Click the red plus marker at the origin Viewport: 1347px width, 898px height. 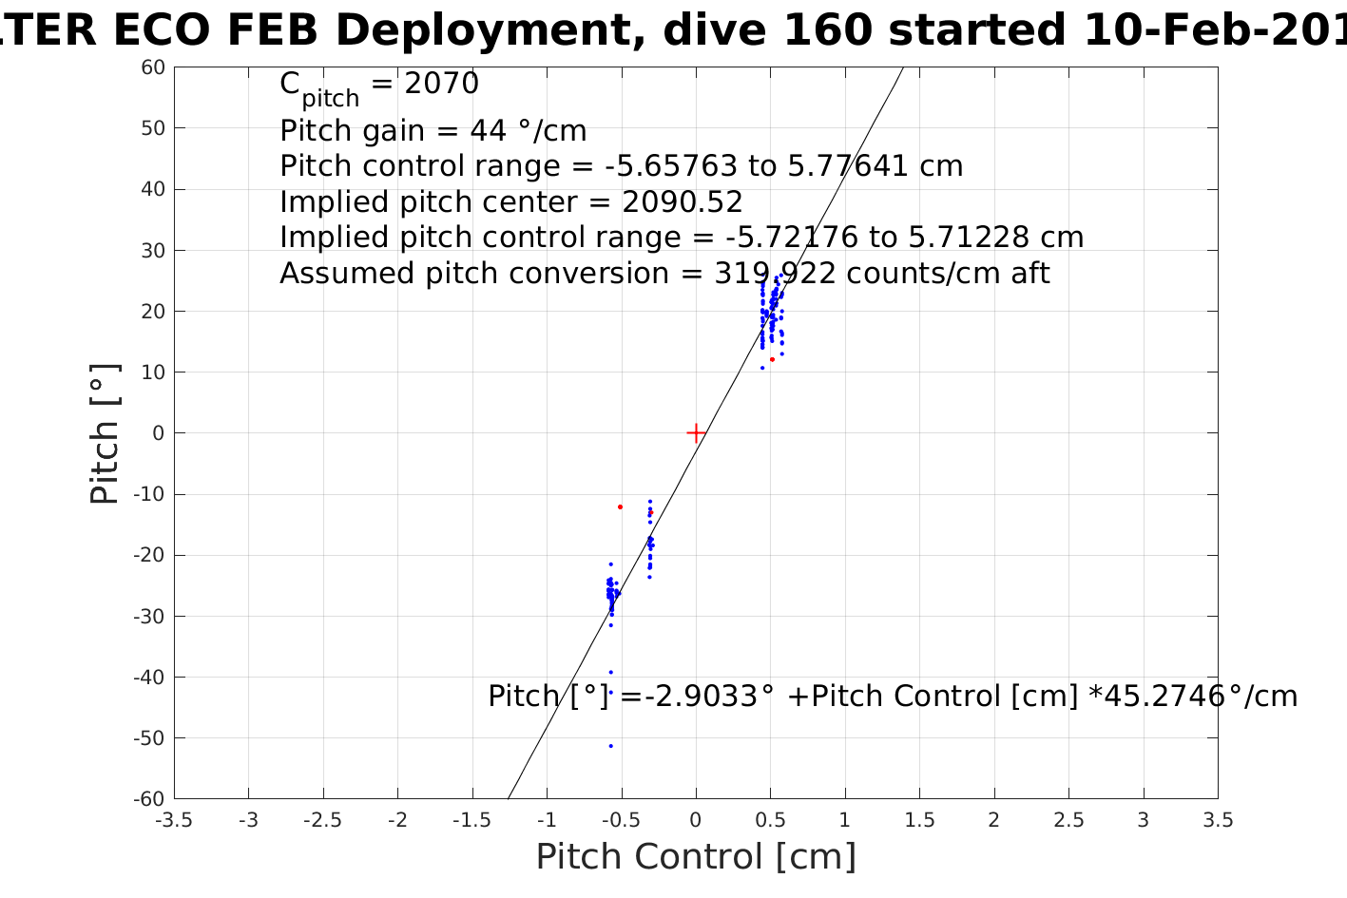[x=696, y=433]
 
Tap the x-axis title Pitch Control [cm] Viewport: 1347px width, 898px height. [x=696, y=856]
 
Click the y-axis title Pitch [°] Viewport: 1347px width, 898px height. [x=105, y=433]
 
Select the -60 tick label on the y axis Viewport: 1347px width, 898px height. [x=150, y=799]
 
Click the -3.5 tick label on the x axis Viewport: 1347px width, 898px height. [x=173, y=820]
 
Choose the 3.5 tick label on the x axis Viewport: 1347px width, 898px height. [x=1218, y=820]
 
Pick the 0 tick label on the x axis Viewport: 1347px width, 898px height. [x=696, y=820]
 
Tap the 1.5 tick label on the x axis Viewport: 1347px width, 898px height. [x=919, y=820]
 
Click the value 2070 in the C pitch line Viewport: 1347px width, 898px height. [x=442, y=85]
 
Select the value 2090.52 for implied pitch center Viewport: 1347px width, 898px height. [x=683, y=202]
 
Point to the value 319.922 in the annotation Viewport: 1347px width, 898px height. [x=775, y=274]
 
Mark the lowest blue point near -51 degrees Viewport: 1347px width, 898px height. [x=610, y=746]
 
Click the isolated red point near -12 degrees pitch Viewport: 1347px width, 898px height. [x=620, y=506]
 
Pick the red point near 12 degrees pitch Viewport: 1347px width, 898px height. [x=772, y=359]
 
